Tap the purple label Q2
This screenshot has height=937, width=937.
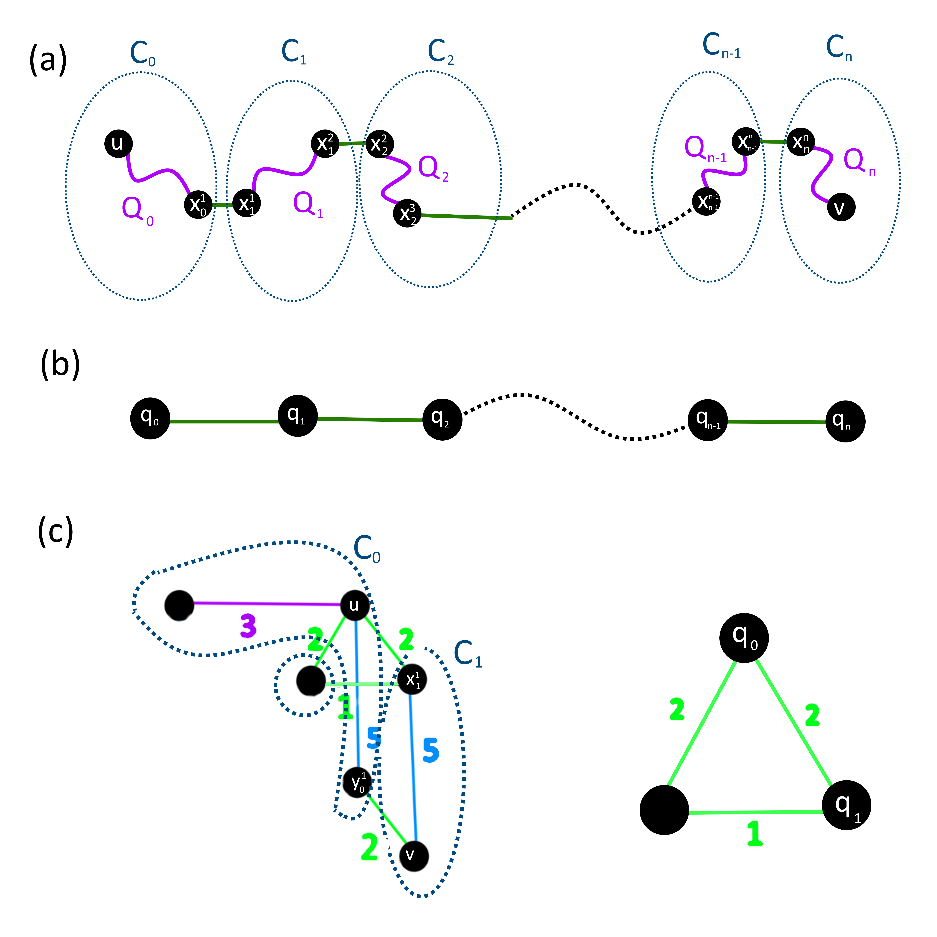click(433, 168)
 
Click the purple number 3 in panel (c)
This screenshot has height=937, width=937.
click(248, 626)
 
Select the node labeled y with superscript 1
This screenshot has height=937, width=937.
click(357, 782)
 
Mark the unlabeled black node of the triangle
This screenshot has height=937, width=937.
click(664, 810)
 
